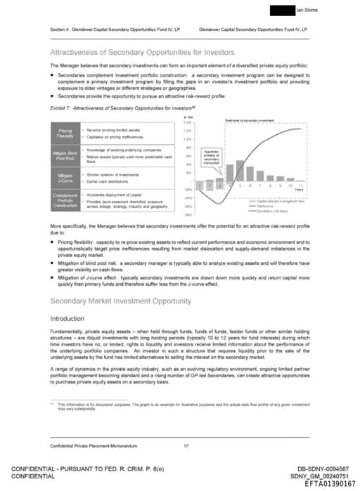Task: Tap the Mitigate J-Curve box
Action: tap(64, 177)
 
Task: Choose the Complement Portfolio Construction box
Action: tap(64, 199)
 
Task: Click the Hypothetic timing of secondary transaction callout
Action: tap(211, 158)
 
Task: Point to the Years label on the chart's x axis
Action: tap(299, 190)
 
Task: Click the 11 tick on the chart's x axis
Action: tap(300, 185)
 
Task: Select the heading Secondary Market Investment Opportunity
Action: tap(120, 301)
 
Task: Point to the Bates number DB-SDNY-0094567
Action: tap(323, 469)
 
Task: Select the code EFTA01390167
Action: tap(330, 483)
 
